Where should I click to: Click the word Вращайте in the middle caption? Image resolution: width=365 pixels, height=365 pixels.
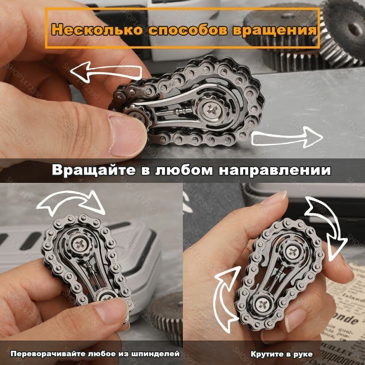click(x=96, y=170)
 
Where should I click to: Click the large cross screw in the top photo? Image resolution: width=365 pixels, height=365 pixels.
click(x=211, y=110)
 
